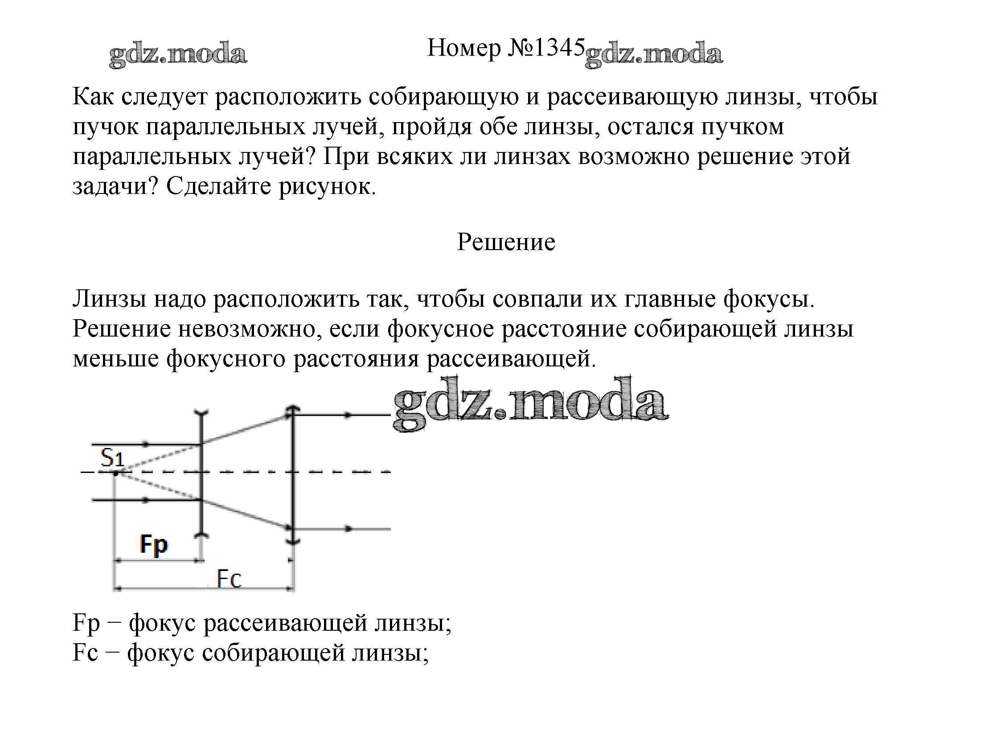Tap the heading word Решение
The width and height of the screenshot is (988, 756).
(x=506, y=242)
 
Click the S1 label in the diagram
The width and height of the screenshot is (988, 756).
(x=112, y=458)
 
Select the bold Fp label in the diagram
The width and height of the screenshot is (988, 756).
(x=153, y=545)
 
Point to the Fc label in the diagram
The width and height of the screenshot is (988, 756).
(x=229, y=579)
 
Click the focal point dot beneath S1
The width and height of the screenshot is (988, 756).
(x=116, y=473)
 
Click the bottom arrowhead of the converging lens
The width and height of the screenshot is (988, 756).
(x=293, y=541)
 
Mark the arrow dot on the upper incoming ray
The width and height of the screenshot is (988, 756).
(x=145, y=444)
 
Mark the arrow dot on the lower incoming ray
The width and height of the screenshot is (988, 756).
(x=145, y=500)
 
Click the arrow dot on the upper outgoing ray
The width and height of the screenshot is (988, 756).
(x=347, y=415)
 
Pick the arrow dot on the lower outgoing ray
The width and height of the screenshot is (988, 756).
(x=347, y=529)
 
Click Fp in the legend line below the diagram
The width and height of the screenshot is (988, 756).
(x=86, y=624)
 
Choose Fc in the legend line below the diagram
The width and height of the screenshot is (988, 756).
(x=85, y=653)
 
